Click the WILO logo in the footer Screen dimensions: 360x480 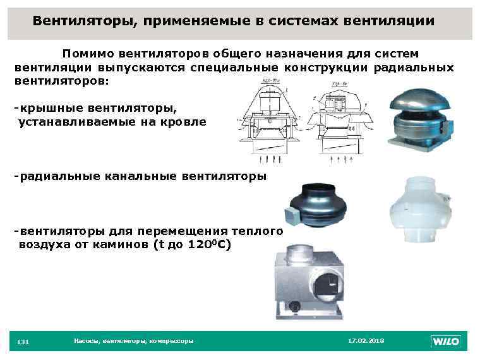tap(446, 342)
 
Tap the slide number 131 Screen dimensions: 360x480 tap(23, 342)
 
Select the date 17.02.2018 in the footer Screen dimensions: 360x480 tap(366, 341)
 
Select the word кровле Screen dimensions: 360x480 tap(183, 121)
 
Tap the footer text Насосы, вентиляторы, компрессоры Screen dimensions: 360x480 tap(133, 341)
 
